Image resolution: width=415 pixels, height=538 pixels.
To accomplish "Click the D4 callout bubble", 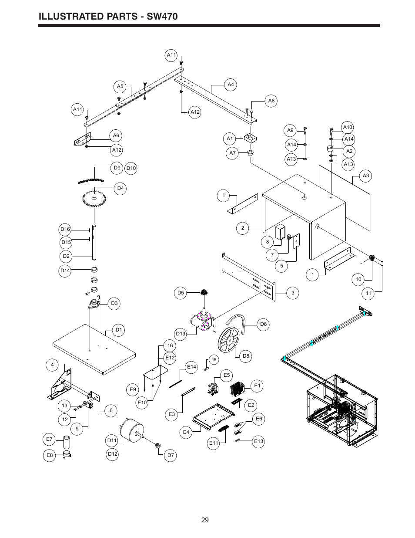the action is tap(120, 189).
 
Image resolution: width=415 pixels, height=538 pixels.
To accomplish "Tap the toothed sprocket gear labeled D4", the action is tap(94, 198).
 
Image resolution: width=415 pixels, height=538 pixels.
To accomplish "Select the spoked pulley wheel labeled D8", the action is tap(229, 340).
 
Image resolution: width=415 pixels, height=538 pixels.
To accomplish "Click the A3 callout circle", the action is tap(365, 176).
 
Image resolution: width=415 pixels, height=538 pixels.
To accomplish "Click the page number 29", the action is tap(205, 520).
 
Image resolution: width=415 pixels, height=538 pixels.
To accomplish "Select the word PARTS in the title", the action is tap(122, 17).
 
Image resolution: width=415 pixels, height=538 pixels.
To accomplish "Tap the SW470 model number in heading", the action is tap(162, 17).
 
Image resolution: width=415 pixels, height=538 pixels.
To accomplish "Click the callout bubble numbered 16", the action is tap(170, 345).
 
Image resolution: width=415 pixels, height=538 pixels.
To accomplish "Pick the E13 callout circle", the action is tap(258, 441).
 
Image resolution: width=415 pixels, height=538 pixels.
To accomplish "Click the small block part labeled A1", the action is tap(251, 138).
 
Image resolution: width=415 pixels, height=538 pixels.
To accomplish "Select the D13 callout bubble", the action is tap(181, 334).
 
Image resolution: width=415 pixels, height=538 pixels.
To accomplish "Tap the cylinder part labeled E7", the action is tap(67, 442).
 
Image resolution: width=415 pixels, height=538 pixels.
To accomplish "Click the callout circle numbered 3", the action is tap(293, 293).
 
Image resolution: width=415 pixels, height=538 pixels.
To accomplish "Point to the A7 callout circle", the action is tap(232, 153).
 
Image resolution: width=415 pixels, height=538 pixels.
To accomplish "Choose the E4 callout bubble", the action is tap(186, 432).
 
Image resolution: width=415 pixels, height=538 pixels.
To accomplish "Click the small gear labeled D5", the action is tap(204, 292).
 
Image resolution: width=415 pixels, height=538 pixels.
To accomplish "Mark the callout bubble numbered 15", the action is tap(214, 360).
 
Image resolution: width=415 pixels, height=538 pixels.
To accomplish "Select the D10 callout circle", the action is tap(131, 168).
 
